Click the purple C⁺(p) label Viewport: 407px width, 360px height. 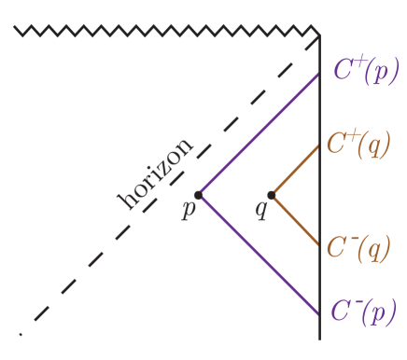point(365,71)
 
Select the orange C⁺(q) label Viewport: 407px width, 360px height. point(358,144)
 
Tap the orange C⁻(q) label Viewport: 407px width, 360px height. point(358,248)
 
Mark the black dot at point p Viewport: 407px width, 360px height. point(198,195)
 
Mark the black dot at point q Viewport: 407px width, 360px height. point(272,195)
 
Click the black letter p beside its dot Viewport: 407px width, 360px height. point(188,209)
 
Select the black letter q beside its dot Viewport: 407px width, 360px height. point(261,210)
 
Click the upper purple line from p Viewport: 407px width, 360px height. point(259,134)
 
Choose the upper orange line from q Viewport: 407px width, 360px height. point(295,171)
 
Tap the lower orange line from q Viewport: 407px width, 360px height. point(295,219)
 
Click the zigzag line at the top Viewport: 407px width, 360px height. point(168,34)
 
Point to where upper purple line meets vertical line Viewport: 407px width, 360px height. point(319,74)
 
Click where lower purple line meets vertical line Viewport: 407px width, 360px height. point(319,315)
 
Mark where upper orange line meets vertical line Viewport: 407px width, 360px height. point(319,146)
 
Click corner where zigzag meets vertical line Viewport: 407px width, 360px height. point(319,35)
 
